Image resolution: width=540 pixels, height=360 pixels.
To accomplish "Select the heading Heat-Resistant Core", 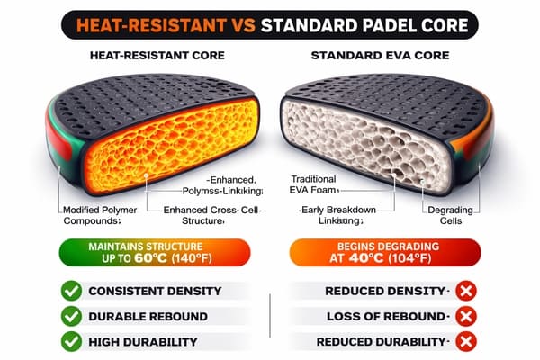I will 150,55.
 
